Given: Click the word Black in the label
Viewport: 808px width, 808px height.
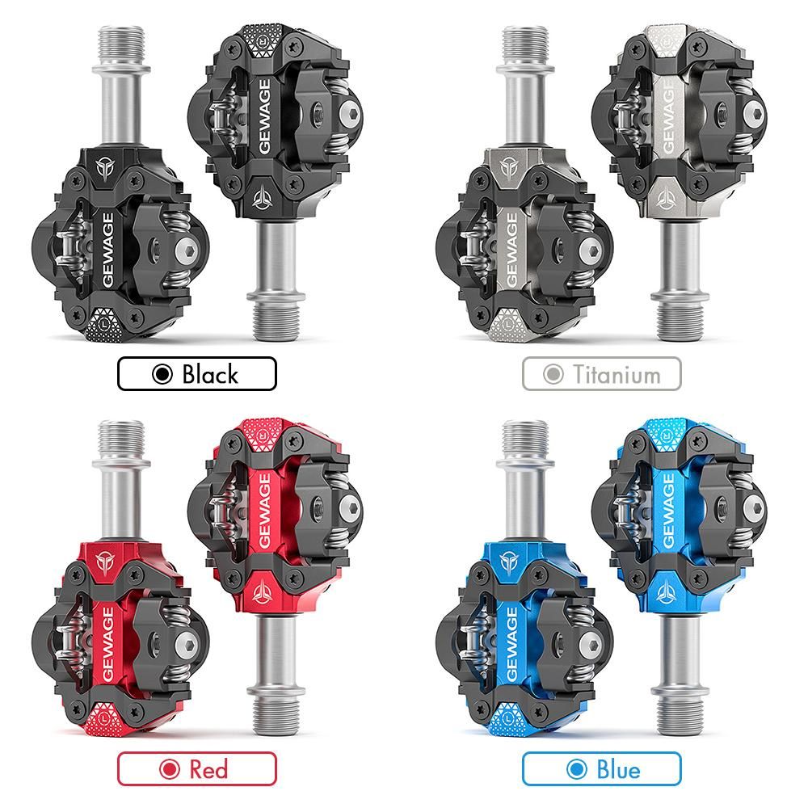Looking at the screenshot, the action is click(210, 374).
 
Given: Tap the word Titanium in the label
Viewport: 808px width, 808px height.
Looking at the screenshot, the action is click(617, 375).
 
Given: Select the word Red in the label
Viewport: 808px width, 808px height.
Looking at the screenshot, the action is click(208, 769).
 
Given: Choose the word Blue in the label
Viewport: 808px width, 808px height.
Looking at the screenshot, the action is click(618, 769).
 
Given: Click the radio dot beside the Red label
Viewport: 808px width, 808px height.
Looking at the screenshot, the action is click(169, 769).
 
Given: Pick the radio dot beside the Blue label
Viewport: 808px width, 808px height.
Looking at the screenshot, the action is click(577, 769).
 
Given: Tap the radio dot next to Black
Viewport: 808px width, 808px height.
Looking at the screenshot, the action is click(162, 374).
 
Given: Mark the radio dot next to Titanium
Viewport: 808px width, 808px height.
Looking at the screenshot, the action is click(553, 374).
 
